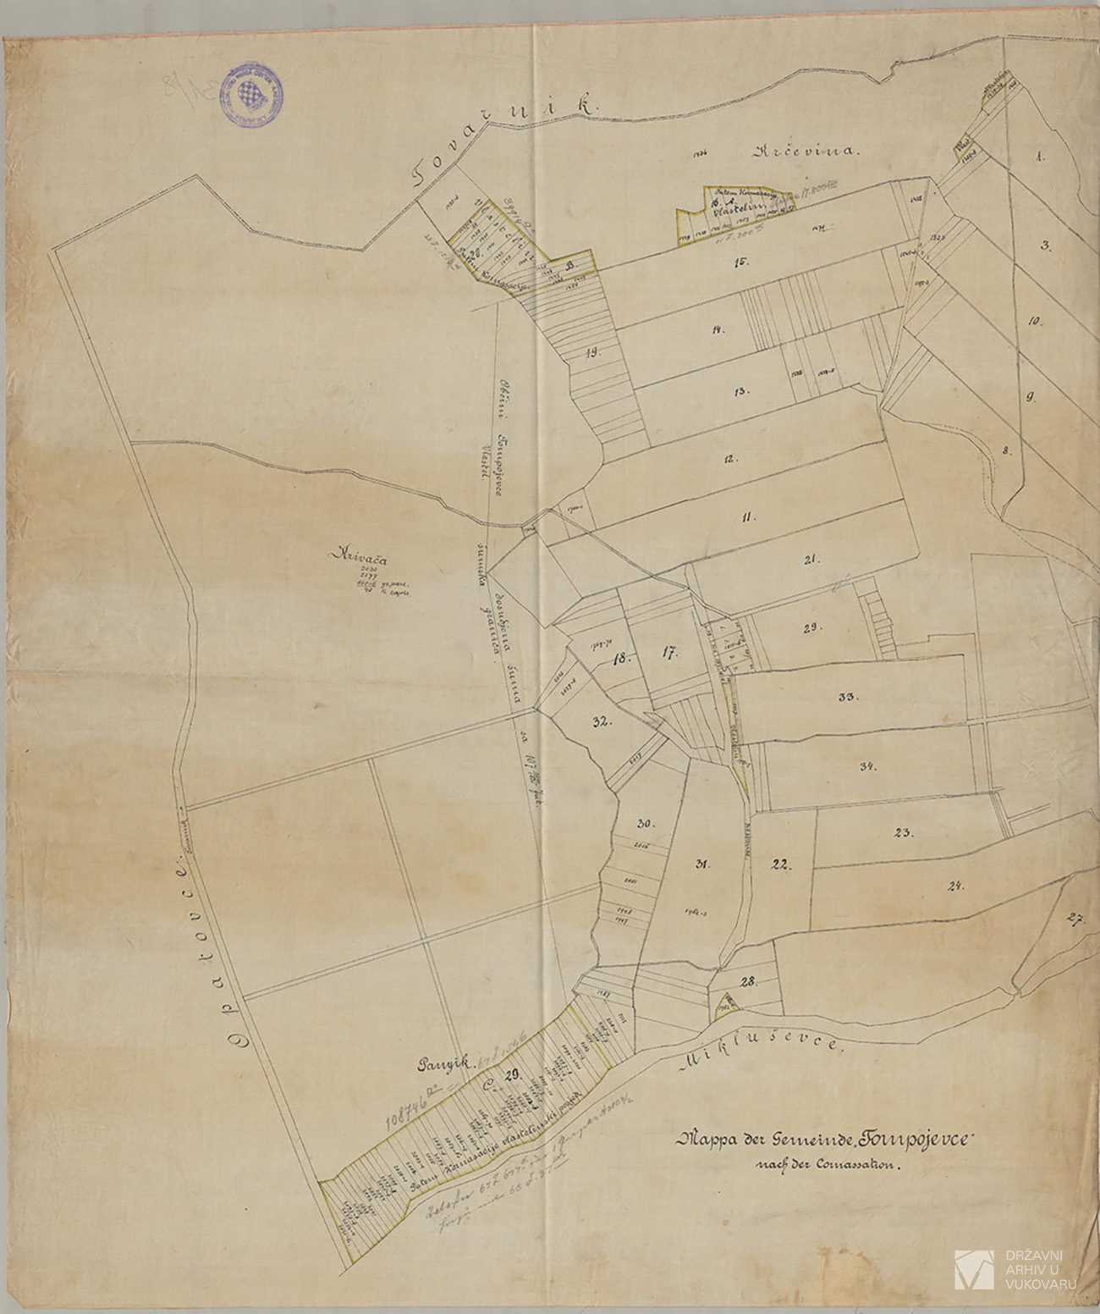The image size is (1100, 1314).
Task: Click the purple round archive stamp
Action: pyautogui.click(x=251, y=95)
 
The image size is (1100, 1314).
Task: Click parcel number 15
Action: pyautogui.click(x=741, y=262)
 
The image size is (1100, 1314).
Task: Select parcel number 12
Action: pyautogui.click(x=730, y=458)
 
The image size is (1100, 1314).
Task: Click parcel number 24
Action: pyautogui.click(x=956, y=886)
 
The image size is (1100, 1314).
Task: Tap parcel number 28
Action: pyautogui.click(x=750, y=982)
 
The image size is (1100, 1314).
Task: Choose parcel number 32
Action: pyautogui.click(x=602, y=722)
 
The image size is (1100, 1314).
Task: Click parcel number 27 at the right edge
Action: pyautogui.click(x=1075, y=919)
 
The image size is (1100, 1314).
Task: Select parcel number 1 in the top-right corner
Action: pyautogui.click(x=1040, y=156)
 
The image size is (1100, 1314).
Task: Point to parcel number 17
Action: pyautogui.click(x=671, y=653)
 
